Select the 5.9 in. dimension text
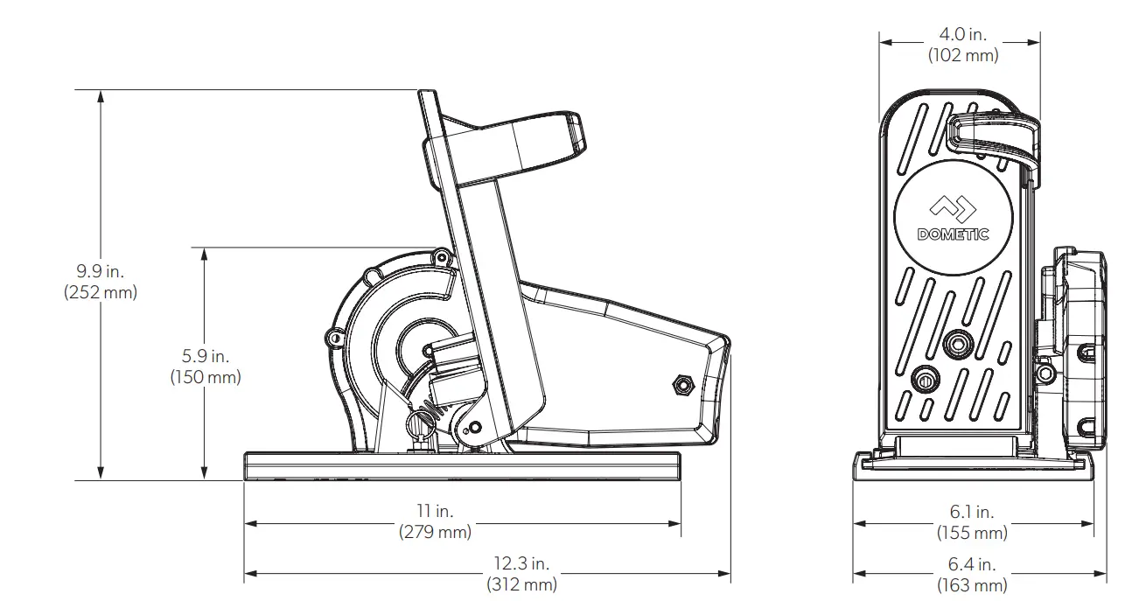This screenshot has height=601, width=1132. click(204, 357)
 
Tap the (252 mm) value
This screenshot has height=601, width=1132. click(101, 293)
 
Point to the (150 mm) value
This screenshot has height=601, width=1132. click(204, 377)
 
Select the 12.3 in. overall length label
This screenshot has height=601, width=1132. click(521, 564)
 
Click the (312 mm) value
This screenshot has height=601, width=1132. click(521, 584)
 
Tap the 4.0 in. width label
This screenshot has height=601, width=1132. click(962, 35)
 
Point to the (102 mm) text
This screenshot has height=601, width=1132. click(962, 54)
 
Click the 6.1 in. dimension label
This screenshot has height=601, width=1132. click(972, 513)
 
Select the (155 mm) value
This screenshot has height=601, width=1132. click(972, 532)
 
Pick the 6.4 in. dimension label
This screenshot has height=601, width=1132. click(972, 564)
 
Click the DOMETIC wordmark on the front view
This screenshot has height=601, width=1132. click(953, 234)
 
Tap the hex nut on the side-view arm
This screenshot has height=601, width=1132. click(681, 383)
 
